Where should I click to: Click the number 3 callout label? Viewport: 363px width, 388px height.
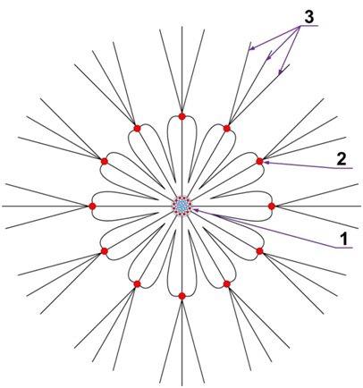pos(308,18)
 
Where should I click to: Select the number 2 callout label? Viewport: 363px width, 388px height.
pos(342,160)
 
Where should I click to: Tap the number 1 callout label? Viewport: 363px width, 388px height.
pos(344,239)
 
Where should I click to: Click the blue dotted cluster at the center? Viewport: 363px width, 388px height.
pos(181,206)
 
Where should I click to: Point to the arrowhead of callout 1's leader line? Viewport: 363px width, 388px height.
pos(195,210)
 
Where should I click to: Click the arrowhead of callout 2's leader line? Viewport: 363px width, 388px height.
pos(266,163)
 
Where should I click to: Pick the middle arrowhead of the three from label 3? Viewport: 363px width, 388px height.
pos(268,56)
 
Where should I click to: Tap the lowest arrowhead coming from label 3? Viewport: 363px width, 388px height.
pos(280,72)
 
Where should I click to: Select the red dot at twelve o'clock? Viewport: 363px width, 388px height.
pos(181,116)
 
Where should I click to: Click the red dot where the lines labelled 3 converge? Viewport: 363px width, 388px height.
pos(227,128)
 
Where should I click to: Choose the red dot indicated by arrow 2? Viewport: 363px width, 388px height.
pos(259,161)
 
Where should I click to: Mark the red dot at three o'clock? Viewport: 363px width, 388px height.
pos(272,206)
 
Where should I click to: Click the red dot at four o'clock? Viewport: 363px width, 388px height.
pos(259,251)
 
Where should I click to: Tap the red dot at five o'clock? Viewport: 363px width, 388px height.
pos(227,284)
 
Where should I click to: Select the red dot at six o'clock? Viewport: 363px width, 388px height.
pos(182,296)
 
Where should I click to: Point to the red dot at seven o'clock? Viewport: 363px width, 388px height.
pos(137,284)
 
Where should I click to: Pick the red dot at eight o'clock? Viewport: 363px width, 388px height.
pos(105,251)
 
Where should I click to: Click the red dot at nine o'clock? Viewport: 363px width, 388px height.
pos(92,206)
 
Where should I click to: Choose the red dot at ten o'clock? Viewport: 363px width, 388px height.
pos(105,161)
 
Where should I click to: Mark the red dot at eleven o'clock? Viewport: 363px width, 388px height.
pos(137,128)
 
